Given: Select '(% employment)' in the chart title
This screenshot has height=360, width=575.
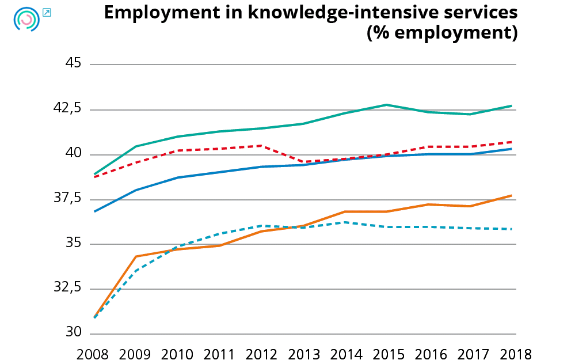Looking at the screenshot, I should point(442,33).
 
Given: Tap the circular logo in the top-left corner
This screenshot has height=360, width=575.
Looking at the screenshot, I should point(26,20).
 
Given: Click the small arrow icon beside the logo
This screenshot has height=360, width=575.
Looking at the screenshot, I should point(47,12).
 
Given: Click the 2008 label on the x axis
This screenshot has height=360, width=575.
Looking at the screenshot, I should point(94,353).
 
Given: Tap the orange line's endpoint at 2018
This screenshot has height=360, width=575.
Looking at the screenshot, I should point(512,196).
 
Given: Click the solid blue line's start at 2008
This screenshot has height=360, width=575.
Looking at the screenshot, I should point(94,211).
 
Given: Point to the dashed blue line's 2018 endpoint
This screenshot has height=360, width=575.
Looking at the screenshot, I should point(512,229).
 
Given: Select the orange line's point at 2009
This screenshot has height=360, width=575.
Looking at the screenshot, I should point(136,256).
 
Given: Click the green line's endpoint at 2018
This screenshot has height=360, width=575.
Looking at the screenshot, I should point(512,106).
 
